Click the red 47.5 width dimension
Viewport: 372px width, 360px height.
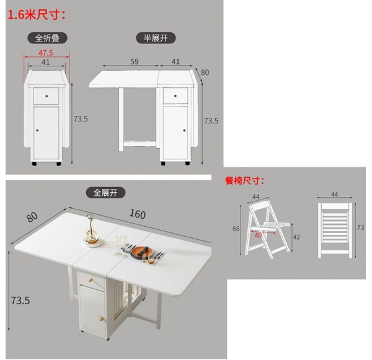click(46, 53)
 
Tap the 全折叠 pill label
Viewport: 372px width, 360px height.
click(48, 38)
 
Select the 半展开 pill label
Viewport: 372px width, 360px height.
click(156, 38)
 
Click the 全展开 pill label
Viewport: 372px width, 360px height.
click(105, 192)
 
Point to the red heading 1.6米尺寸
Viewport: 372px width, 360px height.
click(37, 15)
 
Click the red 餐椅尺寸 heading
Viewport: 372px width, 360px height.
click(244, 181)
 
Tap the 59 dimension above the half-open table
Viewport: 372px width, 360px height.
click(135, 62)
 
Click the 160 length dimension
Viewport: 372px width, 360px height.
click(138, 214)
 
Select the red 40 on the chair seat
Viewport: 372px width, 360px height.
click(258, 235)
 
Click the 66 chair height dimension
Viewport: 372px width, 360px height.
click(236, 229)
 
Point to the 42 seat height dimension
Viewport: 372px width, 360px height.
click(296, 237)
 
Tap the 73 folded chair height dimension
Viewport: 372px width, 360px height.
click(360, 227)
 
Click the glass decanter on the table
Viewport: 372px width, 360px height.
click(91, 229)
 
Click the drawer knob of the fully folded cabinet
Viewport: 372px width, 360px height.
click(46, 96)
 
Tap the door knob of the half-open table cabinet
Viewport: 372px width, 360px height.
click(184, 131)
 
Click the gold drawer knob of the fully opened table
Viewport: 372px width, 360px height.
click(91, 280)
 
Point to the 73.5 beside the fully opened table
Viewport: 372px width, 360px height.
click(20, 301)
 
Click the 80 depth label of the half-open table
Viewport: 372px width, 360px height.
click(205, 72)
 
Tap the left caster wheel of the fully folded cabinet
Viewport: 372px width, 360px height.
click(34, 164)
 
